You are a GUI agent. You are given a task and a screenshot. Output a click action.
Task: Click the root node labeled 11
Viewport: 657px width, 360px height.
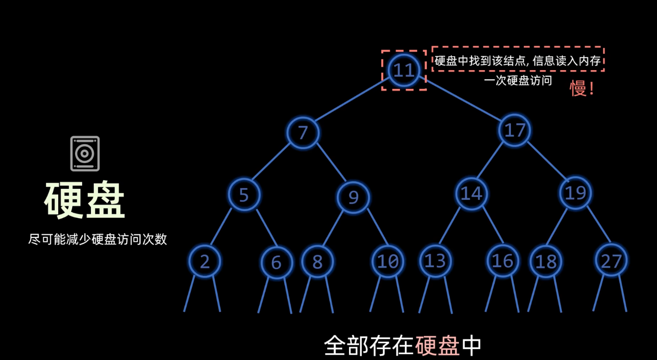pos(404,70)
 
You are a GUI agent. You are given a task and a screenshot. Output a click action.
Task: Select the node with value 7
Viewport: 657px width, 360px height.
pos(303,132)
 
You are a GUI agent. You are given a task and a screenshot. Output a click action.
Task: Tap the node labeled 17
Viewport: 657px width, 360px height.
pos(515,130)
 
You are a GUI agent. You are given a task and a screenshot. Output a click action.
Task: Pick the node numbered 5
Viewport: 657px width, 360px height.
pos(244,195)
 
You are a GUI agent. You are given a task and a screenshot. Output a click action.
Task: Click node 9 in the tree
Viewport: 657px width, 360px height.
pos(353,197)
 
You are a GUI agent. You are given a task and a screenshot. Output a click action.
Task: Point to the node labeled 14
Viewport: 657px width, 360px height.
pos(471,193)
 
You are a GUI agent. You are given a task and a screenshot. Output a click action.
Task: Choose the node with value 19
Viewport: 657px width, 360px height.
pos(575,193)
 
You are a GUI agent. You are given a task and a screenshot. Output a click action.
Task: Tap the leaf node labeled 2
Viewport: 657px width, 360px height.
pos(205,261)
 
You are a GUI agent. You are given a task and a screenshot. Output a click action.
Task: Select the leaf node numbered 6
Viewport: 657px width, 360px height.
pos(276,262)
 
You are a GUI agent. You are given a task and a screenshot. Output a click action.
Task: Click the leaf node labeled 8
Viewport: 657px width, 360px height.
pos(318,261)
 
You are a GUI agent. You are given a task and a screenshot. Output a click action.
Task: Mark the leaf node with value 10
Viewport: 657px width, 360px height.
pos(388,261)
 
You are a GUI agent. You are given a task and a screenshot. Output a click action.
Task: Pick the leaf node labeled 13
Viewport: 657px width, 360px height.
pos(435,261)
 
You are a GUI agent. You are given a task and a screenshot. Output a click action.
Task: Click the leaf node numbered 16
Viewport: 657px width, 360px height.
pos(503,261)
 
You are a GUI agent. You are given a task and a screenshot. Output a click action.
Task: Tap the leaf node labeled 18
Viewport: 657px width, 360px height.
pos(545,262)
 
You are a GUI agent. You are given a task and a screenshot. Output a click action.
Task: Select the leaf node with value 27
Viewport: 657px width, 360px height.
pos(611,261)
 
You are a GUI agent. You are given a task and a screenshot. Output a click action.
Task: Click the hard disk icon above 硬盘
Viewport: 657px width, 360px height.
pos(85,154)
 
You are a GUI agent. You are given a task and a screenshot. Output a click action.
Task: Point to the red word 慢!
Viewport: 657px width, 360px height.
pos(582,88)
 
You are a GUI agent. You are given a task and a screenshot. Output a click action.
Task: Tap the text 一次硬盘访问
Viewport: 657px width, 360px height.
pos(518,81)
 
